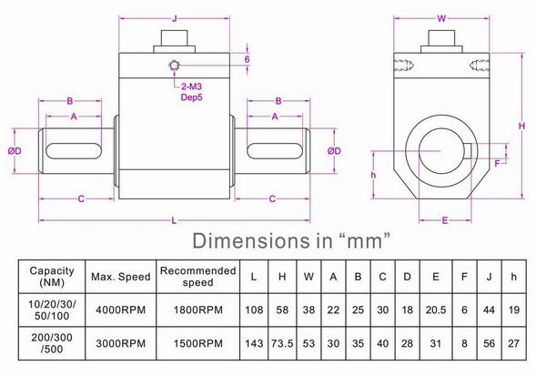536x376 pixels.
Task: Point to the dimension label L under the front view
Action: tap(174, 218)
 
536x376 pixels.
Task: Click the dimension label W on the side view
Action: tap(440, 16)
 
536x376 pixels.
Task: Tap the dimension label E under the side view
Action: tap(444, 219)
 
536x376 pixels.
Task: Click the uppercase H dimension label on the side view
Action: tap(522, 125)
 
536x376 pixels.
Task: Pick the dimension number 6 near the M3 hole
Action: tap(246, 59)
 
